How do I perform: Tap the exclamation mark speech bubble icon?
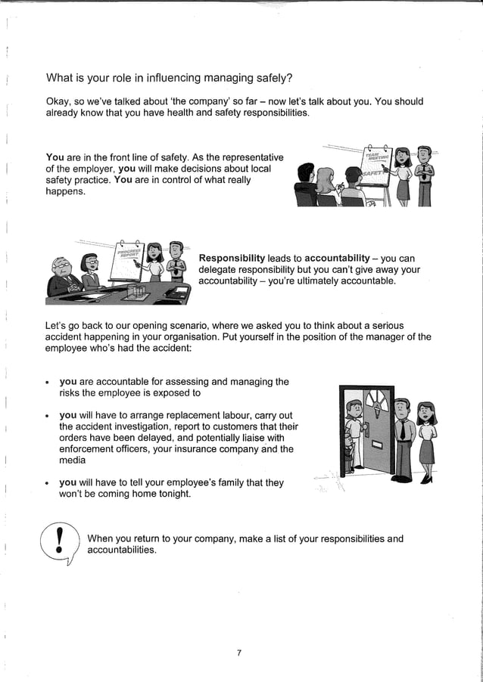[60, 544]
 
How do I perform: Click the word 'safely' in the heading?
[271, 78]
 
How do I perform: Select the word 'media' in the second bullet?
[73, 460]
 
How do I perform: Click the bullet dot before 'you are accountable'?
[48, 383]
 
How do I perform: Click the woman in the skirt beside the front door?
[427, 439]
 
